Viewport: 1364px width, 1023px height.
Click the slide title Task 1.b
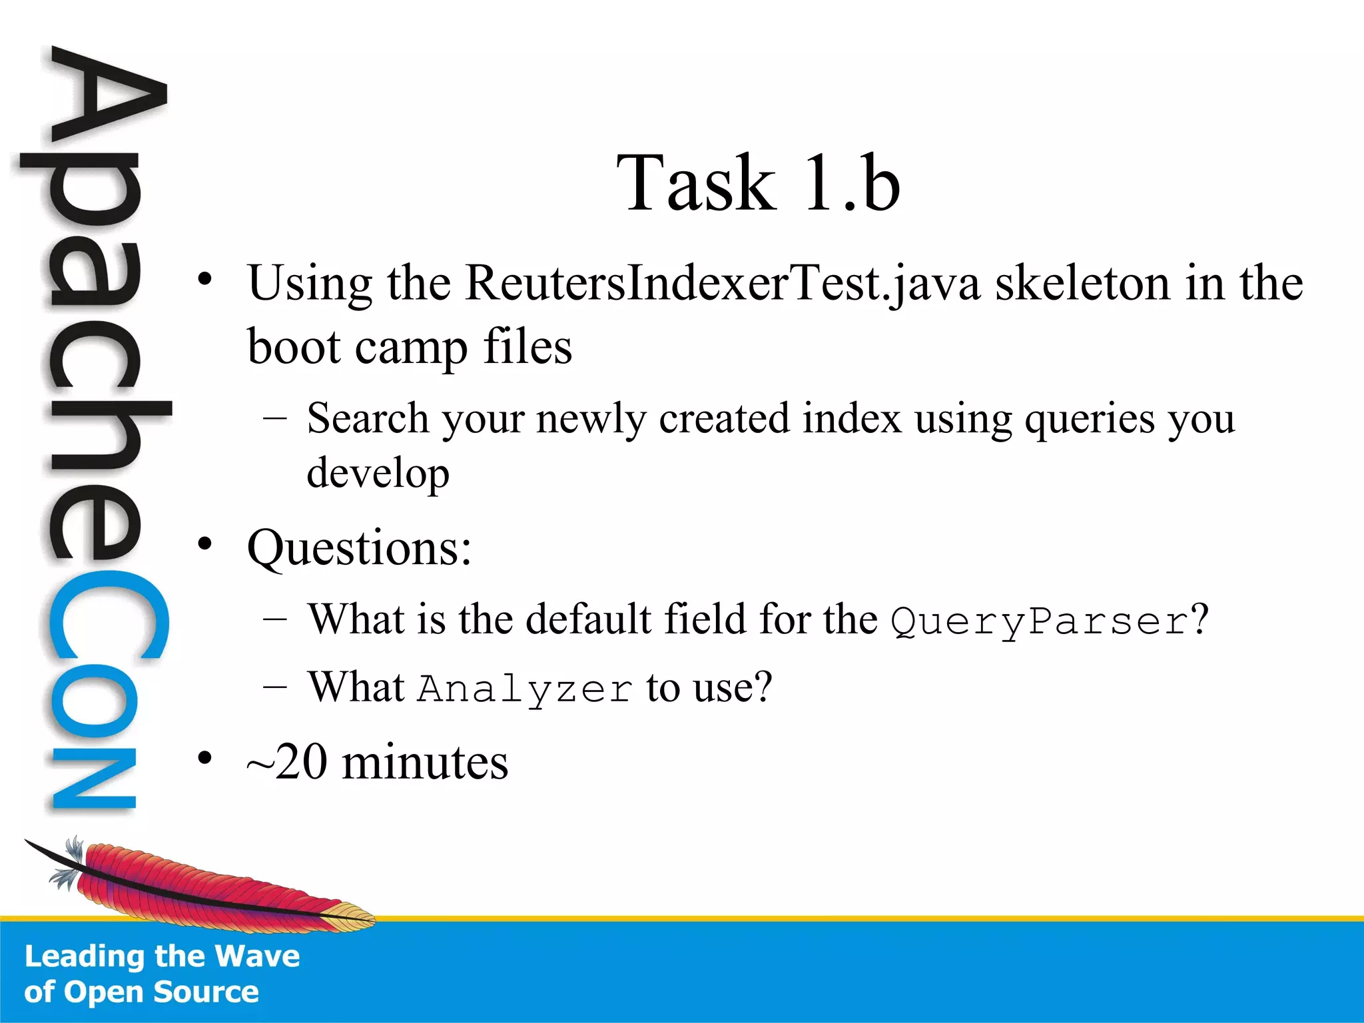coord(758,183)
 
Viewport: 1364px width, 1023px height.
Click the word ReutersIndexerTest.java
coord(723,284)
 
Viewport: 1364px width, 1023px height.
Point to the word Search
coord(368,419)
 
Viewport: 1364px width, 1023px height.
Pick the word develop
coord(378,475)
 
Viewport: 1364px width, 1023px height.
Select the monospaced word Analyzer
coord(525,689)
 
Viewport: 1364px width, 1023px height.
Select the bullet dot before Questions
coord(205,544)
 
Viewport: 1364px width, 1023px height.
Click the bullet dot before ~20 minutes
coord(205,758)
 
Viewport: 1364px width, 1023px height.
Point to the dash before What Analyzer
coord(275,687)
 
